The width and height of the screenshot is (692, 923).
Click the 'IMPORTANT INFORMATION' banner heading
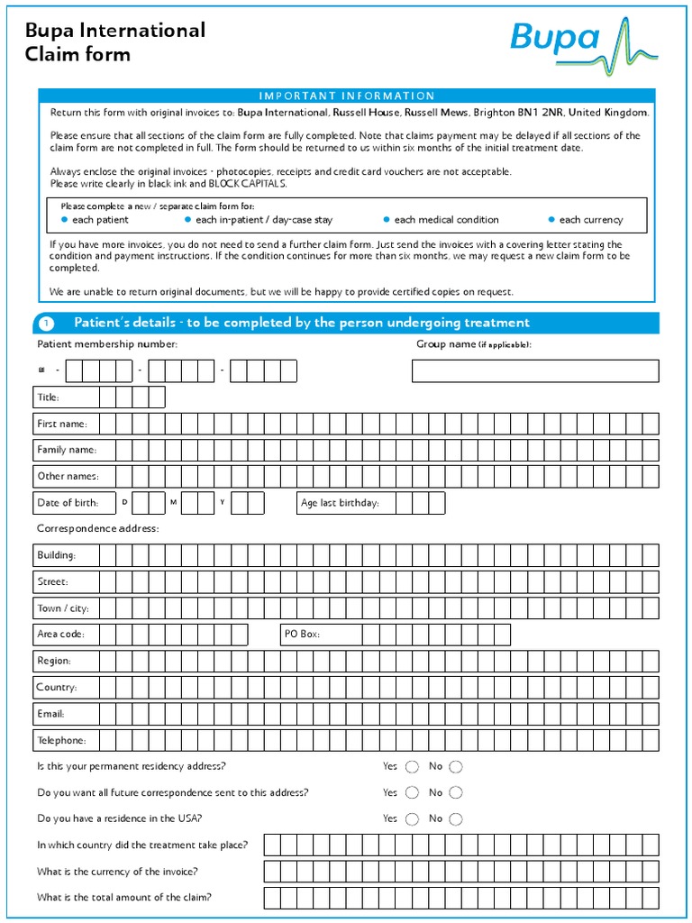coord(347,96)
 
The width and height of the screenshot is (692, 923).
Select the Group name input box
coord(535,370)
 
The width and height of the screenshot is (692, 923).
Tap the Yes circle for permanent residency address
coord(412,767)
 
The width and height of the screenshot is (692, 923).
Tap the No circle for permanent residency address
coord(456,767)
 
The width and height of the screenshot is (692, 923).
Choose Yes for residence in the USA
coord(412,819)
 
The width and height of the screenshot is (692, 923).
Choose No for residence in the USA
coord(456,819)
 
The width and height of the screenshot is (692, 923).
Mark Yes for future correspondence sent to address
coord(412,793)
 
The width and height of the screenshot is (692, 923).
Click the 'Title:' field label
coord(48,398)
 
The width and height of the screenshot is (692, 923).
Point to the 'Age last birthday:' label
coord(340,503)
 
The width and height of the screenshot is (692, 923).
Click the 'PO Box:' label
coord(302,635)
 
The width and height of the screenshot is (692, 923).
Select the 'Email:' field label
coord(50,714)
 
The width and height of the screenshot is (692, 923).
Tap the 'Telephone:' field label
coord(61,741)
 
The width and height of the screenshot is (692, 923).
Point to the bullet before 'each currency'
coord(551,220)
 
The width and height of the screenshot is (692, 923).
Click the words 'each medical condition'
coord(446,220)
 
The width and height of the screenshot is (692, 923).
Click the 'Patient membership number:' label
coord(107,344)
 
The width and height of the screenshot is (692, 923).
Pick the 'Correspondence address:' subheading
coord(97,528)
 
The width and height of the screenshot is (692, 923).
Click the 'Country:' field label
coord(56,688)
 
